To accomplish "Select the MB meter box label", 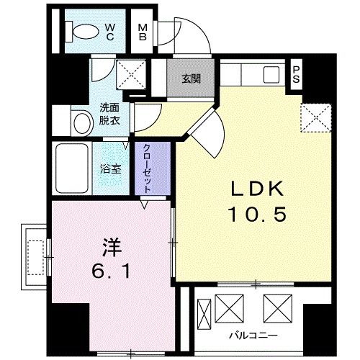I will tap(143, 31).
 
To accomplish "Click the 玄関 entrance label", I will tap(191, 78).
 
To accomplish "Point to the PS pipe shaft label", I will tap(296, 74).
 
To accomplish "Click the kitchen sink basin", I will tap(272, 74).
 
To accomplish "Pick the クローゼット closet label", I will tap(147, 167).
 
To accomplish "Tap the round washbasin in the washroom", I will tap(78, 120).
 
